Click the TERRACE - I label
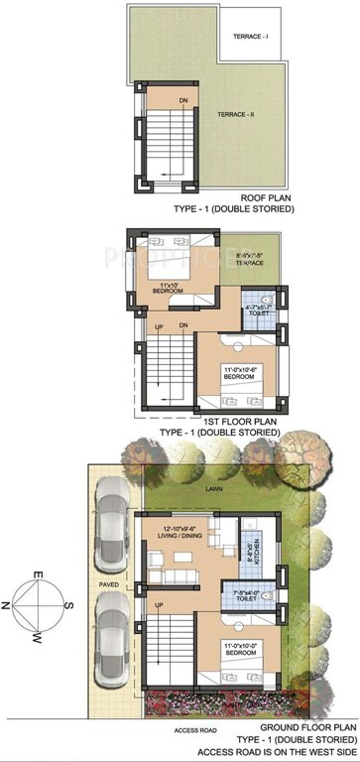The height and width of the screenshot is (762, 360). click(250, 36)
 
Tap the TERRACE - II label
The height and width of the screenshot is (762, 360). click(237, 115)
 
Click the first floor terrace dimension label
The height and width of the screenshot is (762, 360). click(249, 260)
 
